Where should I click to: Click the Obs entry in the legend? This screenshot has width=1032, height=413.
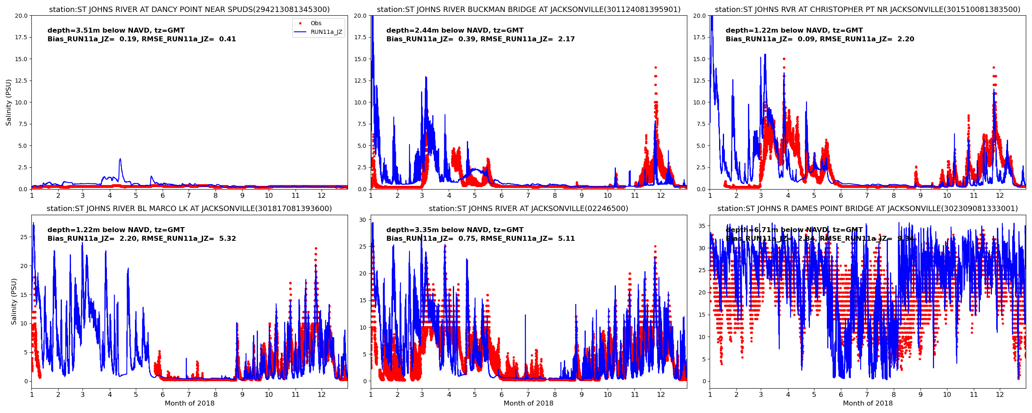coord(316,24)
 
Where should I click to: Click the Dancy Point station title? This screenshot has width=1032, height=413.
coord(189,9)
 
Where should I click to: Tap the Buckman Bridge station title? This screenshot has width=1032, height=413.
coord(528,9)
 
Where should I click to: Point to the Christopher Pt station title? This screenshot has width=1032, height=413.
coord(867,9)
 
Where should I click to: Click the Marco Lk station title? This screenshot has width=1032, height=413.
coord(189,209)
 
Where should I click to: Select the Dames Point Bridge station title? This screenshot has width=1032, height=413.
coord(867,209)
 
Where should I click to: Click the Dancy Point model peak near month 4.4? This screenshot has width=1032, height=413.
coord(120,159)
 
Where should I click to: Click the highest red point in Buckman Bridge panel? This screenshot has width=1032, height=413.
coord(655,68)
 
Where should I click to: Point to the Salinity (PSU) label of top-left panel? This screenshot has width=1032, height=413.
coord(9,102)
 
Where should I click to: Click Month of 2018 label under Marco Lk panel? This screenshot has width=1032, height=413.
coord(189,404)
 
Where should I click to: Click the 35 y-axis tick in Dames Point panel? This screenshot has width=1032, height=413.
coord(702,226)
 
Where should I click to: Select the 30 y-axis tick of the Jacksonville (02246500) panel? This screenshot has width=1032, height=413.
coord(362,220)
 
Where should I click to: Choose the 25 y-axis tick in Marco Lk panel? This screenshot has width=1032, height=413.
coord(24,237)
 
